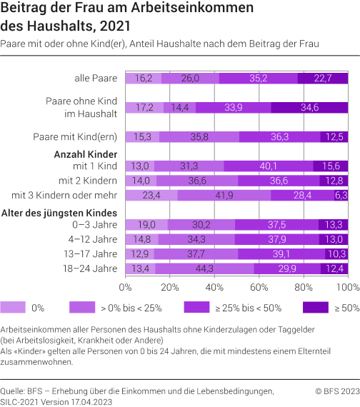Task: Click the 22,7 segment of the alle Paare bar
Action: click(x=323, y=79)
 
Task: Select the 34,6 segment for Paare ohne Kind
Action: click(x=309, y=108)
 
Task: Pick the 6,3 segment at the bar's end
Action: click(x=341, y=195)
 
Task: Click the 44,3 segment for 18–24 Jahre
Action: click(x=204, y=268)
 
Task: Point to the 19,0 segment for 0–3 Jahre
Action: click(x=146, y=224)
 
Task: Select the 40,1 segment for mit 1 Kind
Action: click(x=269, y=166)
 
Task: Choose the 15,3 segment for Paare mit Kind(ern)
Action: click(x=142, y=136)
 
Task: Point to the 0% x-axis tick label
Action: click(x=126, y=287)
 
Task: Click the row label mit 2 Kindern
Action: click(x=89, y=181)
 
